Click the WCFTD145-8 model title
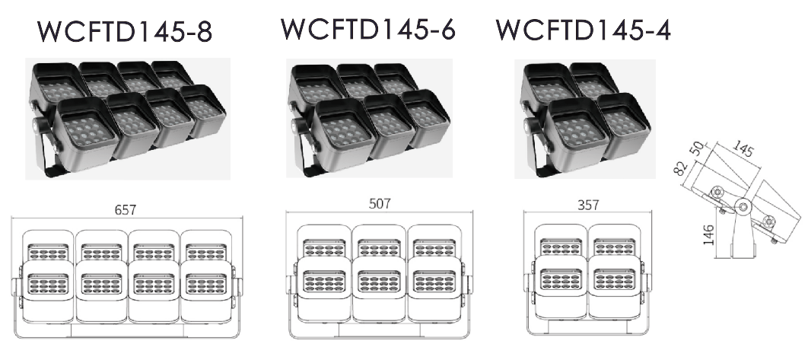(125, 32)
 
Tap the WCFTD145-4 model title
(584, 30)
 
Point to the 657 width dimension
(126, 210)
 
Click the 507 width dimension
(380, 204)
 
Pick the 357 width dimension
(588, 205)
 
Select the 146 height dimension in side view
(708, 234)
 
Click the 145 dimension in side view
(742, 149)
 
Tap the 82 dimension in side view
(681, 168)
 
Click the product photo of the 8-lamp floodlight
(128, 119)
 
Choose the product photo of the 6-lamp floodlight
(369, 118)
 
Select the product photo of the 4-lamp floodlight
(585, 119)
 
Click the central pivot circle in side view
(743, 207)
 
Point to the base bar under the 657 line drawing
(127, 331)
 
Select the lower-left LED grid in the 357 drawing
(561, 279)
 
